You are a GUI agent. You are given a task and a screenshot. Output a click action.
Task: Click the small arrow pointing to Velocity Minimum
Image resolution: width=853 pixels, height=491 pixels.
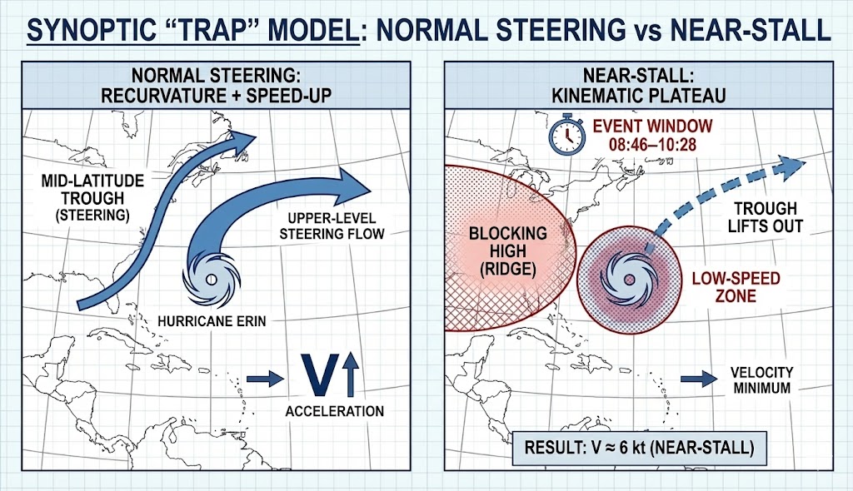pos(699,379)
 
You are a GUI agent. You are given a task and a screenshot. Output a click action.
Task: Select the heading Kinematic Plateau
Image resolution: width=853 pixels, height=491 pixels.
pos(639,95)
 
